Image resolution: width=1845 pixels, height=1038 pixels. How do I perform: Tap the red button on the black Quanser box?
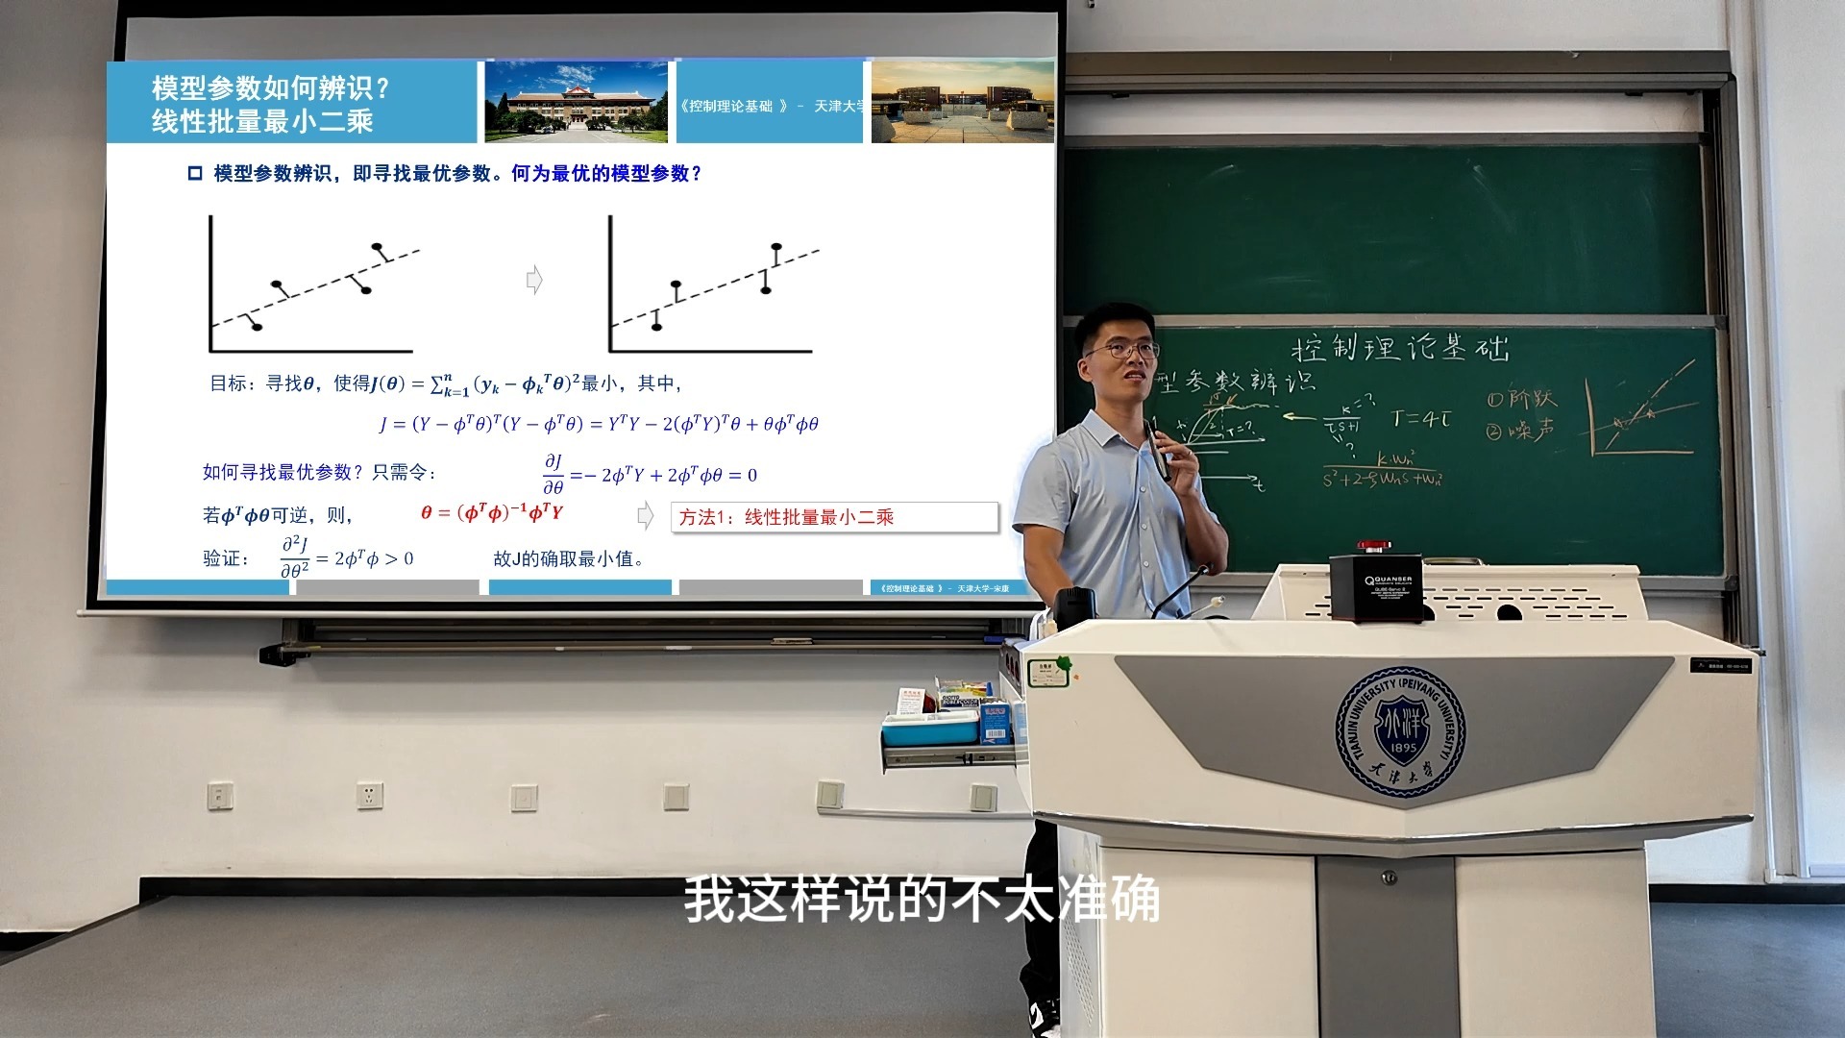[1373, 547]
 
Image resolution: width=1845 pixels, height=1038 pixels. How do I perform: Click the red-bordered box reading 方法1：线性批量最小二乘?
[834, 517]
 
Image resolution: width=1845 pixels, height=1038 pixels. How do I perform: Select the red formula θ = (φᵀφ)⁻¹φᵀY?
[492, 512]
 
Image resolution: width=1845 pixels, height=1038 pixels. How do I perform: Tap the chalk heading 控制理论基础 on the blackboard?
[1400, 348]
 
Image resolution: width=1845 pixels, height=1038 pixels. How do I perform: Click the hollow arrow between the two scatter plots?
[534, 280]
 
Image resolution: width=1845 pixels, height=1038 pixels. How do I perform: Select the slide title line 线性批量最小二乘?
[262, 121]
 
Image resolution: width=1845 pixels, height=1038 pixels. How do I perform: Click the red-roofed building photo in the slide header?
[576, 102]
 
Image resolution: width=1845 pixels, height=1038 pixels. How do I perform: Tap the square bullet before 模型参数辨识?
[195, 174]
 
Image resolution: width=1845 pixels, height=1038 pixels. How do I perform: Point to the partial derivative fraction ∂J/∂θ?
[553, 474]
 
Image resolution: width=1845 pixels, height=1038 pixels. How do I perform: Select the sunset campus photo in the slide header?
[962, 104]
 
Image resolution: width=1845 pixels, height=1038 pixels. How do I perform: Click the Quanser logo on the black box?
[1388, 581]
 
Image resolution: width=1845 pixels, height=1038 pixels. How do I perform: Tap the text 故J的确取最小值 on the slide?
[567, 558]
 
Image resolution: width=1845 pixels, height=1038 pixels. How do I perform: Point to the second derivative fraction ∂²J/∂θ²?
[294, 557]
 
